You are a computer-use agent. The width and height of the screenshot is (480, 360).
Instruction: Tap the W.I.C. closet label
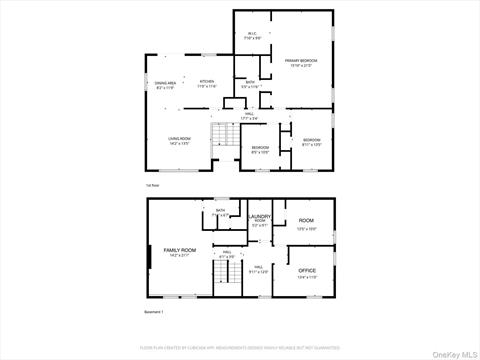click(x=254, y=35)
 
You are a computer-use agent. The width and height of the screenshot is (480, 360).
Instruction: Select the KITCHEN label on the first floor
click(x=207, y=82)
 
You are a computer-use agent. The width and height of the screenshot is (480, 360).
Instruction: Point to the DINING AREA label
click(x=166, y=83)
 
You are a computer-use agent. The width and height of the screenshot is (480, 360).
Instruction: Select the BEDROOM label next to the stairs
click(x=259, y=148)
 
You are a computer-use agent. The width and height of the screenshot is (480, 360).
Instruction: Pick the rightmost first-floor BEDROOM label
click(x=312, y=140)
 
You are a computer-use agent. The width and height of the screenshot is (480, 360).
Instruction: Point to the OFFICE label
click(x=306, y=271)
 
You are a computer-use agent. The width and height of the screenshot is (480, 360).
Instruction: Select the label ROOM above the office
click(x=306, y=221)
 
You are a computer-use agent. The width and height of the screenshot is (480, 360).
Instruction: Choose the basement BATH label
click(x=219, y=211)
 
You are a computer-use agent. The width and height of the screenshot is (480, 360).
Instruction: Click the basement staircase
click(x=226, y=279)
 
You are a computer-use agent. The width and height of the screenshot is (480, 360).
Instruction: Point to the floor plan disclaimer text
click(x=240, y=349)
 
